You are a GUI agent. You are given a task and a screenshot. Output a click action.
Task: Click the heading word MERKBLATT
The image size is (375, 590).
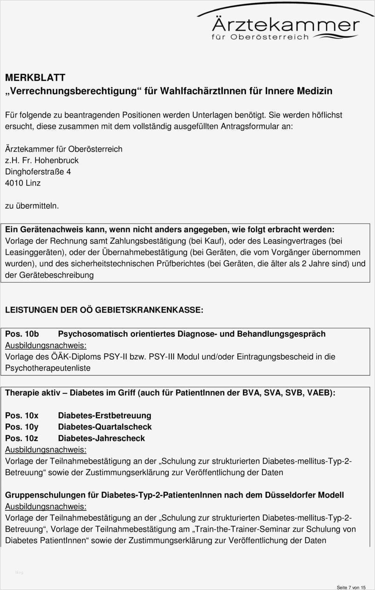pyautogui.click(x=35, y=78)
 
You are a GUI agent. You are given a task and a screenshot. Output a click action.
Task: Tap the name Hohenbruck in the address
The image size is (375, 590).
pyautogui.click(x=57, y=160)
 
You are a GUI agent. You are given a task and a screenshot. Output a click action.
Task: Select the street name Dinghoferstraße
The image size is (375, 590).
pyautogui.click(x=35, y=172)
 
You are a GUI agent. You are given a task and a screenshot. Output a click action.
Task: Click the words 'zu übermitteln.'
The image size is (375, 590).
pyautogui.click(x=32, y=206)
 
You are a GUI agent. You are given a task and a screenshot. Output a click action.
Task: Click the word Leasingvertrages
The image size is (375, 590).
pyautogui.click(x=295, y=241)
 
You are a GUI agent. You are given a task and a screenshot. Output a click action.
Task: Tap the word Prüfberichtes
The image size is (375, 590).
pyautogui.click(x=180, y=263)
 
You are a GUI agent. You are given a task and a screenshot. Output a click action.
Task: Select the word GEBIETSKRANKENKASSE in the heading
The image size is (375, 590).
pyautogui.click(x=149, y=310)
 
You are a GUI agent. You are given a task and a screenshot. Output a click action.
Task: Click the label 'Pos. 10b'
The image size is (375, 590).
pyautogui.click(x=22, y=334)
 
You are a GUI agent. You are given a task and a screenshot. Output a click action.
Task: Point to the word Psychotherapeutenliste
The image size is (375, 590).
pyautogui.click(x=48, y=368)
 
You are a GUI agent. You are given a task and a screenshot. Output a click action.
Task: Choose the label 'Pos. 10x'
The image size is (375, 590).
pyautogui.click(x=22, y=416)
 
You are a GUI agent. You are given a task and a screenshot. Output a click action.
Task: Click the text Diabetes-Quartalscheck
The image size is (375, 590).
pyautogui.click(x=105, y=427)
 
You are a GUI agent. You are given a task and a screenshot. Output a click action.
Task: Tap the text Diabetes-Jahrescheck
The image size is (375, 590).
pyautogui.click(x=101, y=438)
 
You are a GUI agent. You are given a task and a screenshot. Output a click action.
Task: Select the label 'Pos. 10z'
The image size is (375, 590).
pyautogui.click(x=22, y=438)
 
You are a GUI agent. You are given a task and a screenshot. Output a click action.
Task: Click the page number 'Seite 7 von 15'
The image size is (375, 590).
pyautogui.click(x=351, y=587)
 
